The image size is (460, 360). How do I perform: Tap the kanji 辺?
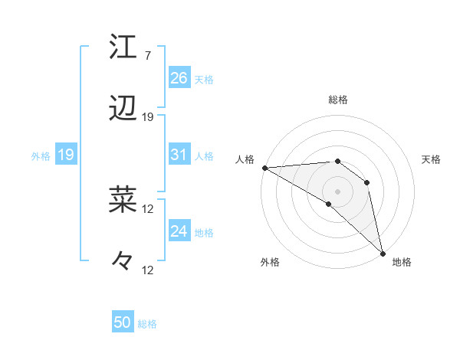click(123, 109)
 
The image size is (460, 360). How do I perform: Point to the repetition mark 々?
click(123, 261)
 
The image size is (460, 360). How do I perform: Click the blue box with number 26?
click(179, 78)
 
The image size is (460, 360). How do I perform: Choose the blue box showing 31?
click(179, 155)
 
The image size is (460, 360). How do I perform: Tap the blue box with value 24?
click(179, 231)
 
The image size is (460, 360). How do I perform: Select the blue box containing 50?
click(123, 322)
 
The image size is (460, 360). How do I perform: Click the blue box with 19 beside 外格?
click(65, 155)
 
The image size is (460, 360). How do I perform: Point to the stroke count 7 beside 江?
click(147, 55)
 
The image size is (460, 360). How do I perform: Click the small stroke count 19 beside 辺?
click(148, 117)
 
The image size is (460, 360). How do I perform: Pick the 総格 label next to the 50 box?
click(147, 324)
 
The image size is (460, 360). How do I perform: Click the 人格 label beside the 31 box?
click(204, 155)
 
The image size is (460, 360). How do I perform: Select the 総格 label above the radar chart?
click(337, 100)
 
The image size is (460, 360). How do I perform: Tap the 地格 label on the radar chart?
click(402, 262)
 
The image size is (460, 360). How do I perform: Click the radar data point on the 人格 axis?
click(264, 168)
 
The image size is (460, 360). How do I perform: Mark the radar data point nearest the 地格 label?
click(383, 252)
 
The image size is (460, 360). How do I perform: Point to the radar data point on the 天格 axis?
click(367, 182)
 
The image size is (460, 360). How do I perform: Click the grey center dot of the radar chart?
click(337, 191)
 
